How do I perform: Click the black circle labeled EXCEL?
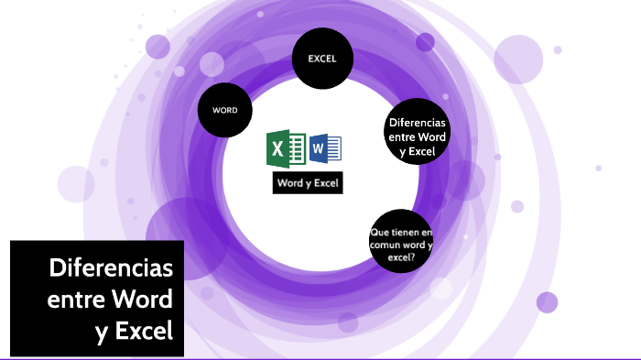[321, 59]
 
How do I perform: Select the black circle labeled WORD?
[225, 110]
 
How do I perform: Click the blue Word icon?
[325, 147]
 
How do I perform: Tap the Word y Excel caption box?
[307, 183]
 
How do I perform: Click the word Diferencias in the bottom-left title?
[111, 269]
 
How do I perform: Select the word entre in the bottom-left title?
[75, 300]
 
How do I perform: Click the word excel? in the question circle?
[400, 257]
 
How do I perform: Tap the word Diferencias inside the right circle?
[417, 123]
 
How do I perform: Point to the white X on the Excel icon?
[277, 148]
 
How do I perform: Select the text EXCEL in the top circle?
[321, 59]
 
